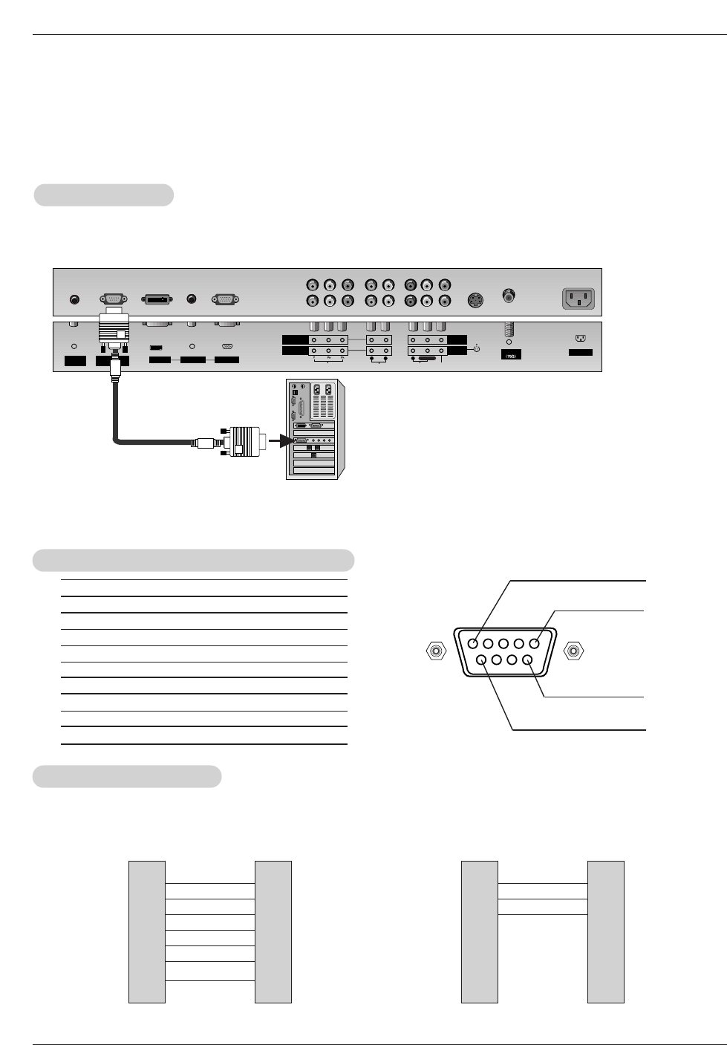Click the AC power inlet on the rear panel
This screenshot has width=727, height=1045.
(x=579, y=299)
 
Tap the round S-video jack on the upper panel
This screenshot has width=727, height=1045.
(x=475, y=301)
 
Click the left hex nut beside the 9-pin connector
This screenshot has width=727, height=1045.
(x=436, y=652)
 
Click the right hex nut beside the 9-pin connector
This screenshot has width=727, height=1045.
(x=574, y=652)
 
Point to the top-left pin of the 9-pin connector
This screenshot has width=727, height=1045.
(x=473, y=644)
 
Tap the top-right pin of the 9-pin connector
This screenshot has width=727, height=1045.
(x=534, y=644)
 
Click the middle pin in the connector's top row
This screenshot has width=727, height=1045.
(x=503, y=644)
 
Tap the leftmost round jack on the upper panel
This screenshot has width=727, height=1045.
(x=74, y=299)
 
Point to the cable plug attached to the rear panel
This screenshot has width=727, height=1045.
(x=114, y=327)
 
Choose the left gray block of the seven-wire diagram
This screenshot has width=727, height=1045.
(x=147, y=931)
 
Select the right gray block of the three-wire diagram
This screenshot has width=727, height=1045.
(x=605, y=931)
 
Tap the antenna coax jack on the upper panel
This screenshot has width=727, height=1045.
(x=509, y=295)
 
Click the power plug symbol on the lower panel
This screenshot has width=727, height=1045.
(x=581, y=339)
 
